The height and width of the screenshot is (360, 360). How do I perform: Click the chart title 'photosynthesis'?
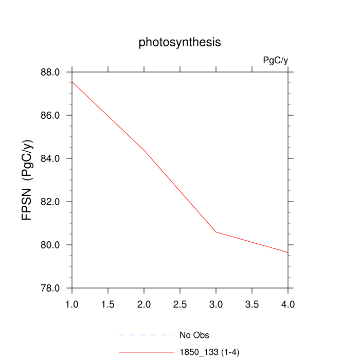[179, 42]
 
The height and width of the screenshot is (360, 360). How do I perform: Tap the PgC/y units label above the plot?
[275, 60]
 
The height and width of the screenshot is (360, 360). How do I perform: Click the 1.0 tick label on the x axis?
[72, 304]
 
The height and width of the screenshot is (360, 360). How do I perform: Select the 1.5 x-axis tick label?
[108, 304]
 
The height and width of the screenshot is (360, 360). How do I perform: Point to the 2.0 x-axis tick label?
[144, 304]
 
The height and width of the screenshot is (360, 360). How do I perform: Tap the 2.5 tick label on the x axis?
[180, 304]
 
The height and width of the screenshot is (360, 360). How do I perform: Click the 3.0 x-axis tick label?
[216, 304]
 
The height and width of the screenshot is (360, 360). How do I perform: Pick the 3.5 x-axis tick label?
[252, 304]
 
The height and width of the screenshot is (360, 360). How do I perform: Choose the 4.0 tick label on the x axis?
[288, 304]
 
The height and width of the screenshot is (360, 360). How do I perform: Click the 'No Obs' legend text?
[194, 335]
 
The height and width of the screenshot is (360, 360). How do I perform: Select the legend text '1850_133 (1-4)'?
[209, 352]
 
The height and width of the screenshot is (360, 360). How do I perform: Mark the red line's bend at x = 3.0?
[216, 232]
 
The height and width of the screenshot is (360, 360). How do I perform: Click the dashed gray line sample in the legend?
[147, 335]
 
